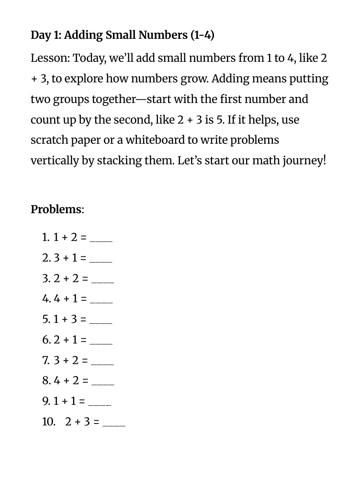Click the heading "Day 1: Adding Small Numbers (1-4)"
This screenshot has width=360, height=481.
pyautogui.click(x=123, y=35)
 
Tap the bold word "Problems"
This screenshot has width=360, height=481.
pyautogui.click(x=56, y=209)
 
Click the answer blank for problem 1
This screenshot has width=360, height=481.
pyautogui.click(x=101, y=239)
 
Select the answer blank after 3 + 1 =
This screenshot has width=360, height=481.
pyautogui.click(x=101, y=259)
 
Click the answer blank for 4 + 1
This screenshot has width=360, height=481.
pyautogui.click(x=101, y=300)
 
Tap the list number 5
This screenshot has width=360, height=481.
pyautogui.click(x=46, y=319)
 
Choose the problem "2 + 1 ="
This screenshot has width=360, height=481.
pyautogui.click(x=70, y=340)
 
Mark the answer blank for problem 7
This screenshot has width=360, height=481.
pyautogui.click(x=102, y=362)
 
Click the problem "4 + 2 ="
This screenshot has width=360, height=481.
pyautogui.click(x=71, y=381)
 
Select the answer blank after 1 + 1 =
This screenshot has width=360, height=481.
pyautogui.click(x=100, y=403)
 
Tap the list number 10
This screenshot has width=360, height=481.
pyautogui.click(x=48, y=422)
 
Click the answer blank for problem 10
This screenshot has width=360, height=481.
pyautogui.click(x=114, y=424)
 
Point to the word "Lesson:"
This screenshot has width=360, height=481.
pyautogui.click(x=50, y=58)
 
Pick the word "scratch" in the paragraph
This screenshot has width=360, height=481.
pyautogui.click(x=48, y=140)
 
